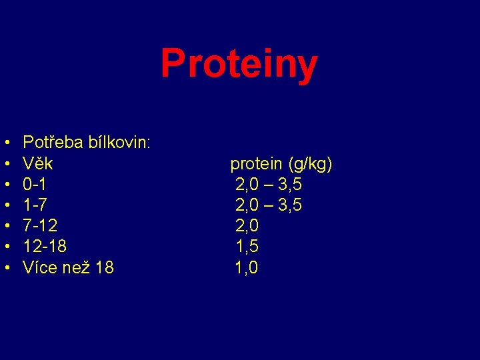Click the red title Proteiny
coord(239,65)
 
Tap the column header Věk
coord(38,163)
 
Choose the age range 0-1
coord(35,184)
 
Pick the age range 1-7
coord(35,205)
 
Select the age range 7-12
coord(41,226)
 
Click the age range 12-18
coord(45,247)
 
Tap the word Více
coord(39,268)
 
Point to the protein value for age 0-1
coord(269,184)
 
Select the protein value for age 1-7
coord(269,205)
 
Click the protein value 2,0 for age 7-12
coord(247,226)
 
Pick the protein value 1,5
coord(247,247)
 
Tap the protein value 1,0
coord(247,268)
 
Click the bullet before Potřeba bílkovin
coord(6,143)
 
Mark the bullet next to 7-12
coord(6,227)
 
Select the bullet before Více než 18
coord(6,269)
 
